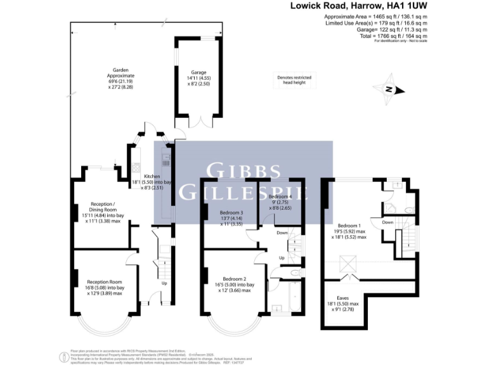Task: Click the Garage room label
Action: point(199,77)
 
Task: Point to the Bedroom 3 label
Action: point(231,217)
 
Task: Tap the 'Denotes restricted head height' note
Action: point(294,80)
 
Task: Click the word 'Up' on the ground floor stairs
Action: point(164,283)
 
